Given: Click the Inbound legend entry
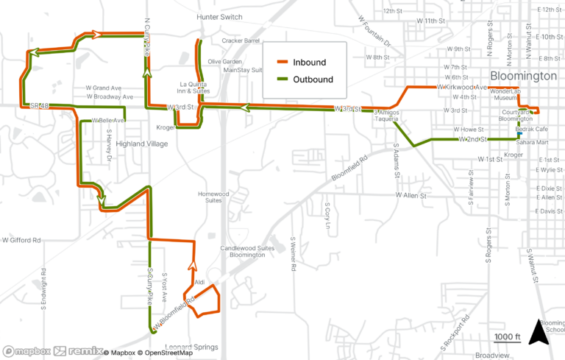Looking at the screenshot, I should coord(301,63).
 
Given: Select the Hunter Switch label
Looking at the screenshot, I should coord(219,16).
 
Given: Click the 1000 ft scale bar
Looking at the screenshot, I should coord(508,337).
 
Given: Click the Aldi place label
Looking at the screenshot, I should coord(199,282).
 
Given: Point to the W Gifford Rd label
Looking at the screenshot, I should coord(21,240).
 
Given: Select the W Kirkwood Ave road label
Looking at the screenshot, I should coord(462,88).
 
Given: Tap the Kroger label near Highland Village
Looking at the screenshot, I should coord(166,127).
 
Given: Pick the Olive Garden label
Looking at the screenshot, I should coord(225,61).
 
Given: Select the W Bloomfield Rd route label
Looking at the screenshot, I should coord(174,312).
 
